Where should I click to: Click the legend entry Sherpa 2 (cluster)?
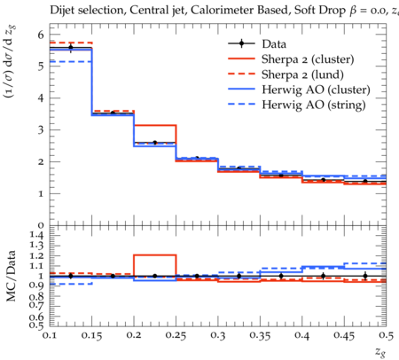click(x=308, y=59)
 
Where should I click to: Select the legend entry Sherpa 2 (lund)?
click(x=302, y=74)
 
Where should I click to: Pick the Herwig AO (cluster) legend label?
click(x=316, y=90)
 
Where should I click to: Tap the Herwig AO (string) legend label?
click(x=314, y=105)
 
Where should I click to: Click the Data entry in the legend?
click(x=274, y=44)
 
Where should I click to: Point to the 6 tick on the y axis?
click(x=41, y=35)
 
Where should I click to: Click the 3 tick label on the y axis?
click(x=41, y=130)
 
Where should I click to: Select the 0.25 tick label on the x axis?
click(x=176, y=335)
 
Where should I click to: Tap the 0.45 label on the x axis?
click(x=344, y=335)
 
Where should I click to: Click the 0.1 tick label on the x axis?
click(x=50, y=335)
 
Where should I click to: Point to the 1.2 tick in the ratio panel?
click(x=35, y=255)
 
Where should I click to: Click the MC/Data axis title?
click(x=11, y=276)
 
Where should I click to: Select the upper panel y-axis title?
click(x=10, y=61)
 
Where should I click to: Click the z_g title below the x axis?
click(x=380, y=352)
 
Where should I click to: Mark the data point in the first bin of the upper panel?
click(x=71, y=47)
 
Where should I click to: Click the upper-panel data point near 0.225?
click(x=155, y=143)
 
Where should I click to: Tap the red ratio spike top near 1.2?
click(x=155, y=254)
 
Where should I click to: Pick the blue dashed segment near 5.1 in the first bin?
click(x=71, y=61)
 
